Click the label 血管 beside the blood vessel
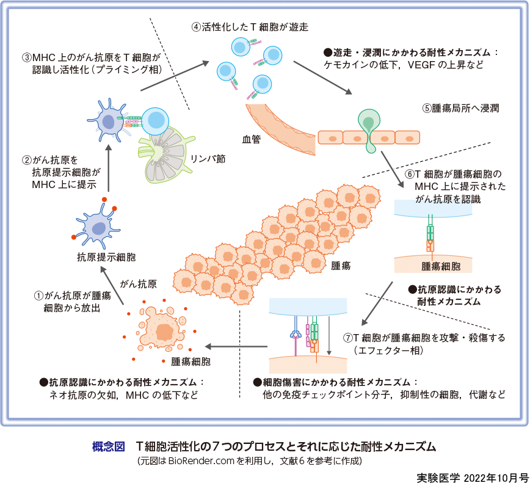click(x=252, y=139)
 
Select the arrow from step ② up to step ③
click(x=109, y=168)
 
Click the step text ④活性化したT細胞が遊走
click(x=250, y=27)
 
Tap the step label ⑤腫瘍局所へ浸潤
click(x=461, y=109)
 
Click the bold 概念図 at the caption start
click(x=108, y=446)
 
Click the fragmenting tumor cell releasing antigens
click(x=163, y=330)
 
